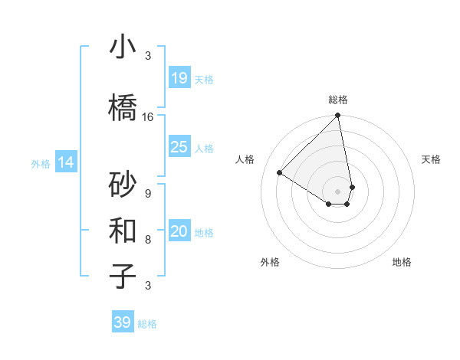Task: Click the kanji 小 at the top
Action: click(123, 48)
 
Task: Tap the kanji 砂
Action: click(123, 185)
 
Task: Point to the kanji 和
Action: click(123, 229)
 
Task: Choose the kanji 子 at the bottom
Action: click(123, 275)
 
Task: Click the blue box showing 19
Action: click(179, 78)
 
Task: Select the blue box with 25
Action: click(179, 147)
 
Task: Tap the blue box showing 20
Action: click(179, 232)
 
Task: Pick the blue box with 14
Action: click(65, 162)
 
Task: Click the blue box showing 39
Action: click(123, 322)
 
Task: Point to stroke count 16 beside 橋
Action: click(148, 117)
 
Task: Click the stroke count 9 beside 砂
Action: click(148, 194)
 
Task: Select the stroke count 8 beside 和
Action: click(148, 240)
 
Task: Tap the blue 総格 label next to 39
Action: click(148, 324)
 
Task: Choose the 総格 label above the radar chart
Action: click(338, 100)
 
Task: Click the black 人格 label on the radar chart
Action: click(245, 159)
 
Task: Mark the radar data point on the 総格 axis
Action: click(338, 116)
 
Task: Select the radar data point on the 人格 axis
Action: click(280, 173)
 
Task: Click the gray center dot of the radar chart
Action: click(338, 191)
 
